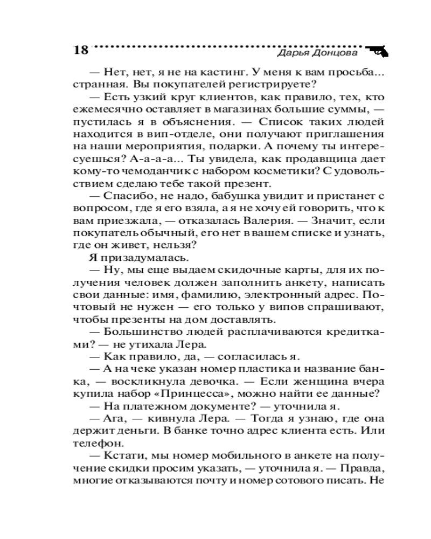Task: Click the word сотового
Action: [307, 480]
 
